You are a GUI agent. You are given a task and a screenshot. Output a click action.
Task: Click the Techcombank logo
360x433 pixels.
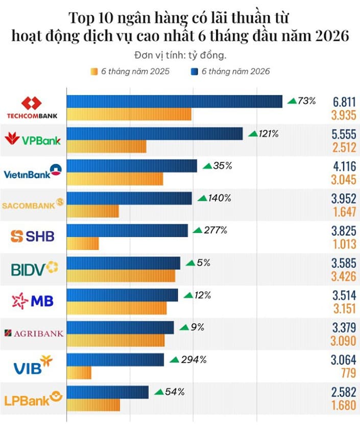pos(32,108)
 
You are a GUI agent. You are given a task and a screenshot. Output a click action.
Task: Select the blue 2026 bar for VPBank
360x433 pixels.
pos(155,134)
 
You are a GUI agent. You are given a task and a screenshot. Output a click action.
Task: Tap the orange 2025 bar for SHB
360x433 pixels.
pos(83,244)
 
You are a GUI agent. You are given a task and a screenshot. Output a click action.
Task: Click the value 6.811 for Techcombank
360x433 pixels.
pos(344,102)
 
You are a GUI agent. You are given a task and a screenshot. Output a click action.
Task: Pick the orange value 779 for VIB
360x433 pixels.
pos(349,373)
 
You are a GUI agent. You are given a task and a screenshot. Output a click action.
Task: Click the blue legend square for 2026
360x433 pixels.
pos(195,71)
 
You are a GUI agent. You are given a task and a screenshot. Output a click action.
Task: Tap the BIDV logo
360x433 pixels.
pos(35,269)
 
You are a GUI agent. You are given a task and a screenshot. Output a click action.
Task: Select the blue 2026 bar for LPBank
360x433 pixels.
pos(108,392)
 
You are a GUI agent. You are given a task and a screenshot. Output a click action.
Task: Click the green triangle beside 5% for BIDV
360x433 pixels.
pos(190,263)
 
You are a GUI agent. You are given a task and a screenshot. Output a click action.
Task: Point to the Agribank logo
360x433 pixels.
pos(34,333)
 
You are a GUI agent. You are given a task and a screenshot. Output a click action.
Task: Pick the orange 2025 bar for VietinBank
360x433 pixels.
pos(115,179)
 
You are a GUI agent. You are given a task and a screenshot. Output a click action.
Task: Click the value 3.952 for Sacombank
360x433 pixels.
pos(344,199)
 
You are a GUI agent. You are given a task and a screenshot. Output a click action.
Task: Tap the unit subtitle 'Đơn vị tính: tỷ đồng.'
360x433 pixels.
pos(180,55)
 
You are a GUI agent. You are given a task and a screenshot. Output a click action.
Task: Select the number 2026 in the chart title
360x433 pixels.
pos(332,35)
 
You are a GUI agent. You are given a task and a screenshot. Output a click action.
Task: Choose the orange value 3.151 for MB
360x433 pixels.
pos(345,308)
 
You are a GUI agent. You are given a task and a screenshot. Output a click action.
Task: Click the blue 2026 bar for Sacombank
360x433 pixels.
pos(129,198)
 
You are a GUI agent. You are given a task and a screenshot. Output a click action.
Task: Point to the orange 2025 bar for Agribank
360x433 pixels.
pos(116,340)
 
